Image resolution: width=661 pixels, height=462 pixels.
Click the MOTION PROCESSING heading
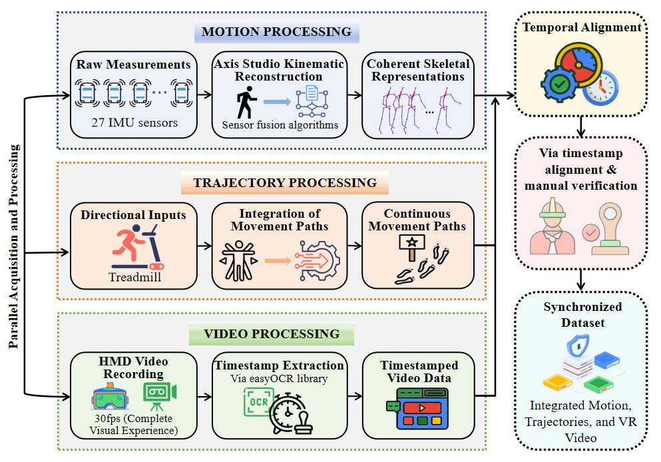(276, 31)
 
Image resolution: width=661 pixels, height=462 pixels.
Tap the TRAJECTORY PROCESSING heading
(285, 182)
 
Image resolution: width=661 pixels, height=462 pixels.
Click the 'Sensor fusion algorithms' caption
(280, 124)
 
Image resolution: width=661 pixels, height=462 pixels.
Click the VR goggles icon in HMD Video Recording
(109, 398)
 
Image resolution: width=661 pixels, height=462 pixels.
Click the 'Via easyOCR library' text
(280, 380)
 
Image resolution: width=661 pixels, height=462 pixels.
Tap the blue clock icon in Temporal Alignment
(600, 89)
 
